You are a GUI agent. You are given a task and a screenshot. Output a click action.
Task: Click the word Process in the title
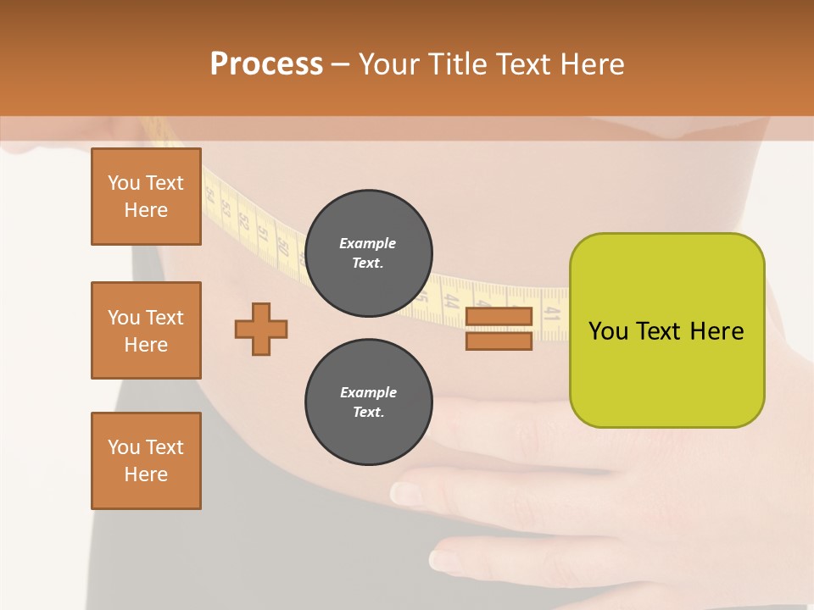tap(266, 64)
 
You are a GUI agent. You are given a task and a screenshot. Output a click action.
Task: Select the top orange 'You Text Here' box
tap(146, 197)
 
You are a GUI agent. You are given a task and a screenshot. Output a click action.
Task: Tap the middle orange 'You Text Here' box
tap(146, 330)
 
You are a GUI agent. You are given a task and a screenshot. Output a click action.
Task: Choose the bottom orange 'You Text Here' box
tap(146, 461)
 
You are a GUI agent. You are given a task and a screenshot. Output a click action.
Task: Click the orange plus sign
tap(261, 329)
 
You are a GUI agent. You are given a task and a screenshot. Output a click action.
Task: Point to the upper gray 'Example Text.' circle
tap(368, 252)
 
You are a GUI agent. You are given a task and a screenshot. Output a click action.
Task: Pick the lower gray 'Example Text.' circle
tap(368, 402)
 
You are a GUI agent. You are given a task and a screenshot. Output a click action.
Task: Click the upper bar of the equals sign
tap(499, 316)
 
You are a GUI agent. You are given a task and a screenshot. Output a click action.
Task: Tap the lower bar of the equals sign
tap(499, 341)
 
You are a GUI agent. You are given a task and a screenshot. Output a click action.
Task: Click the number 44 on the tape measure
tap(451, 301)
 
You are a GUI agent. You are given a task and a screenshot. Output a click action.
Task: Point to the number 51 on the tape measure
tap(263, 233)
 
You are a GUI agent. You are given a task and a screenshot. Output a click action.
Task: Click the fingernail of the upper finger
tap(406, 493)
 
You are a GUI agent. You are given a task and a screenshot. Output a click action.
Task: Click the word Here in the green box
tap(716, 331)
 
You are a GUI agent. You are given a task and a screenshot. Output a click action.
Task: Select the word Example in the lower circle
tap(368, 392)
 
